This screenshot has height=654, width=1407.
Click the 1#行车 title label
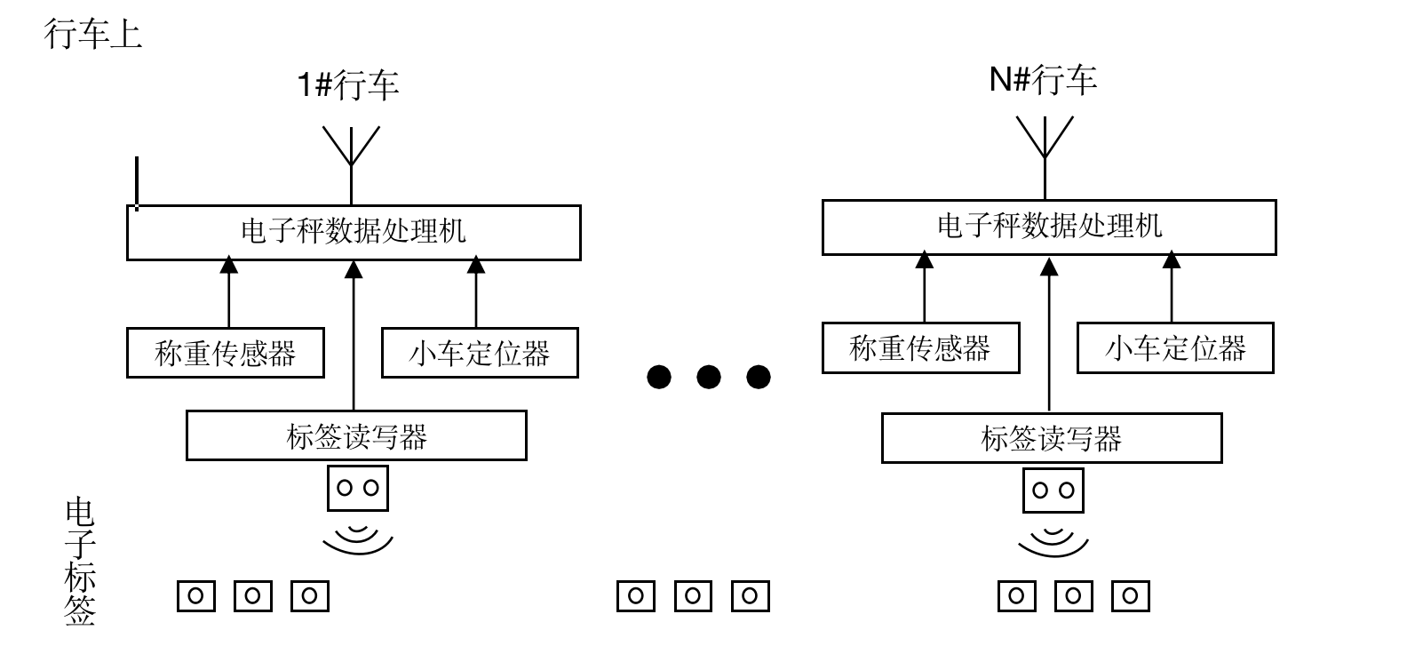[348, 85]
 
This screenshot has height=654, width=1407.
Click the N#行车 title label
[1044, 80]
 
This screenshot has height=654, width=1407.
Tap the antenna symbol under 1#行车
[351, 148]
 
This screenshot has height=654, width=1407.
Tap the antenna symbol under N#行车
[1045, 140]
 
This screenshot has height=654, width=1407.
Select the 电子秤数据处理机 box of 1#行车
[354, 233]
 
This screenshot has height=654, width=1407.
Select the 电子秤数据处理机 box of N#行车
[1049, 227]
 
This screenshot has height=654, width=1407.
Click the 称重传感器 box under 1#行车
[225, 353]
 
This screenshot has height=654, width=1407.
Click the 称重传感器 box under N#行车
[920, 347]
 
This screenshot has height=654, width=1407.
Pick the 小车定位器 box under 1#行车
[480, 353]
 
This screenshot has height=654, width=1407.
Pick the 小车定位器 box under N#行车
[1175, 347]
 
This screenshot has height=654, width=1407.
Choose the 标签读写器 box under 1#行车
[356, 435]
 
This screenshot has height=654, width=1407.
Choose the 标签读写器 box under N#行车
[1052, 437]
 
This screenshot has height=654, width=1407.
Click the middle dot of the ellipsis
[708, 377]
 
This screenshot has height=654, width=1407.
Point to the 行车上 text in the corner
[93, 35]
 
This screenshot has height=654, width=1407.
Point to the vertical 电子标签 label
[80, 562]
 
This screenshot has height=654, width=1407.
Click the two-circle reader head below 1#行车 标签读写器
[358, 488]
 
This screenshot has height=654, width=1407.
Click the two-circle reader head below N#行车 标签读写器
[1053, 490]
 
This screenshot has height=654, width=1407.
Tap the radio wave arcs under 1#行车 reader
[358, 538]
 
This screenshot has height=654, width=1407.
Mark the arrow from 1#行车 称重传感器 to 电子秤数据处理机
[229, 293]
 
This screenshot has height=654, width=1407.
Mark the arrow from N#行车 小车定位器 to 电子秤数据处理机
[1172, 288]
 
